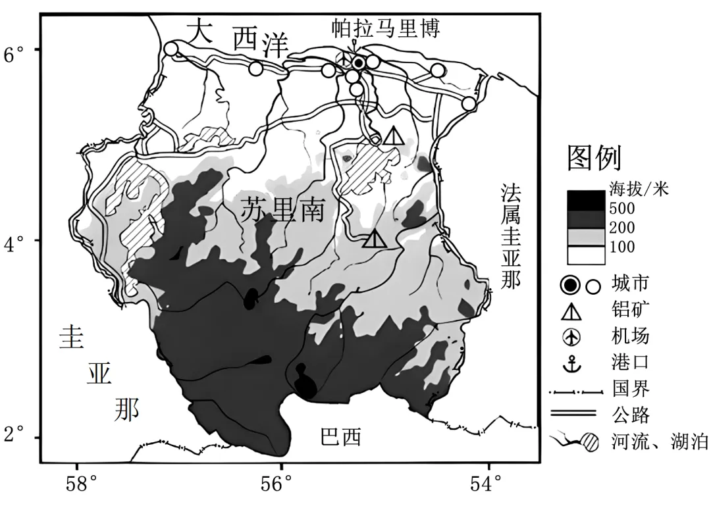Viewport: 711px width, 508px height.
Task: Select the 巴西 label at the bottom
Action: [341, 437]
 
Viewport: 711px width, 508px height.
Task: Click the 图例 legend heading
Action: [594, 159]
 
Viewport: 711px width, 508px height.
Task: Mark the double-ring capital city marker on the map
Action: [358, 63]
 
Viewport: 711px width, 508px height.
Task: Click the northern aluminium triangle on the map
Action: [394, 136]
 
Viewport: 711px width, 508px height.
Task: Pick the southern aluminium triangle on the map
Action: [374, 238]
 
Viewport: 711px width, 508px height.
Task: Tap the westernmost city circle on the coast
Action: [171, 49]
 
